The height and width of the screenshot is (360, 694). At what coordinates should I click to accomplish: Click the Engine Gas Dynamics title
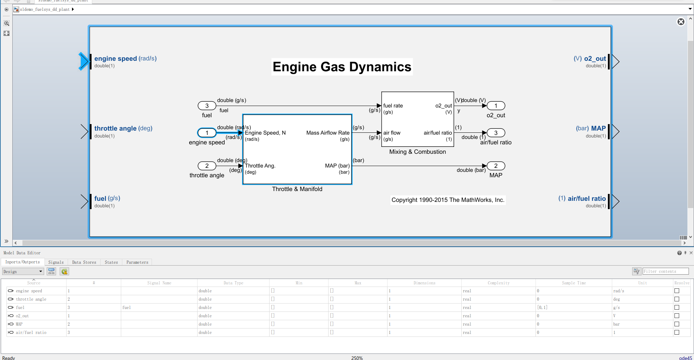tap(342, 67)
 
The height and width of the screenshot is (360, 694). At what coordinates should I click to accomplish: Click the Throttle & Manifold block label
tap(297, 189)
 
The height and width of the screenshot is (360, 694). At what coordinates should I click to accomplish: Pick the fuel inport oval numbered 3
tap(207, 106)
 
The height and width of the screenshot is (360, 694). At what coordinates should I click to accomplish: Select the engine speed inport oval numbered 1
tap(207, 133)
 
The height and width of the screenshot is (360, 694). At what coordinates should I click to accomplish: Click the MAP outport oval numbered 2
tap(496, 166)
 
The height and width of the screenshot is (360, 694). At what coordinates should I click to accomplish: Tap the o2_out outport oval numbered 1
tap(496, 106)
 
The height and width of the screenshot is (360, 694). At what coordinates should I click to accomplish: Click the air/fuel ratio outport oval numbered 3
tap(496, 133)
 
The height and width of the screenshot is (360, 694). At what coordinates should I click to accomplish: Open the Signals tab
tap(56, 262)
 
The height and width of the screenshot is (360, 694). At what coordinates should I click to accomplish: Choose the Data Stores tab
tap(84, 262)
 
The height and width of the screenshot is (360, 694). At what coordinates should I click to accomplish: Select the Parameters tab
tap(137, 262)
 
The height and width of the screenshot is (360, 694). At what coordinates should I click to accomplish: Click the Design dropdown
tap(23, 272)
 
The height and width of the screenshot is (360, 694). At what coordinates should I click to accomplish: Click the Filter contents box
tap(665, 271)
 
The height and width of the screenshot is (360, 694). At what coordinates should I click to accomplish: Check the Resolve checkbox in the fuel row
tap(677, 308)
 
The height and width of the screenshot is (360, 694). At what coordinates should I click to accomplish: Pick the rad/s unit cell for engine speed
tap(618, 291)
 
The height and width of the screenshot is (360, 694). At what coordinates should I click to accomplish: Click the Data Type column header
tap(233, 283)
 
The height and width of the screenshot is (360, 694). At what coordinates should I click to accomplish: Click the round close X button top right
tap(681, 22)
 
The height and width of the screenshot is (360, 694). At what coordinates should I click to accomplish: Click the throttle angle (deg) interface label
tap(123, 128)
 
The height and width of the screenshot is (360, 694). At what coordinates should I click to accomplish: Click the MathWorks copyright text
tap(448, 200)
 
